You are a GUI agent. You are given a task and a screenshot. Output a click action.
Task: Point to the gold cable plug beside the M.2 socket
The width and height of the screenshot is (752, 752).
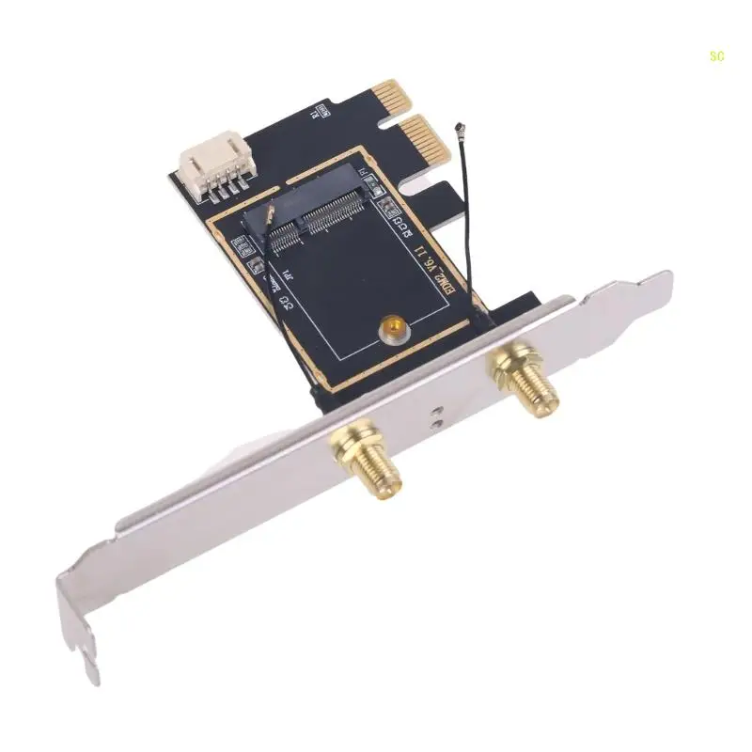tap(270, 218)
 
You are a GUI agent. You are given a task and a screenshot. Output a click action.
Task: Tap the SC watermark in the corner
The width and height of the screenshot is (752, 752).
tap(717, 56)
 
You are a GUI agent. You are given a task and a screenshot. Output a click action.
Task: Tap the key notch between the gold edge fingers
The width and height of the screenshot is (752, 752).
tap(385, 119)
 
